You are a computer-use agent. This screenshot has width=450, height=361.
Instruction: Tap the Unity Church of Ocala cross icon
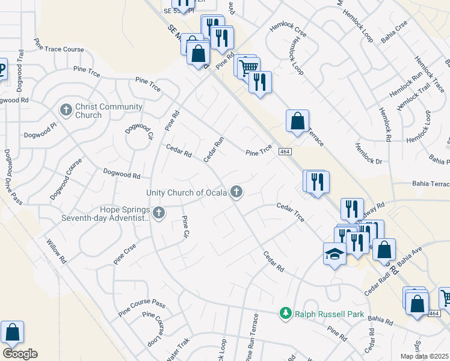click(236, 193)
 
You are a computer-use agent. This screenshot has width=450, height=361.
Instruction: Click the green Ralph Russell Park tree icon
click(286, 313)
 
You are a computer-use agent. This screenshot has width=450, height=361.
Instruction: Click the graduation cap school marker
click(334, 254)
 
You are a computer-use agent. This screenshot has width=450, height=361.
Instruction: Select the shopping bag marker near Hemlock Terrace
click(297, 121)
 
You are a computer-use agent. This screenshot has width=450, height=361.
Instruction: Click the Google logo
click(19, 354)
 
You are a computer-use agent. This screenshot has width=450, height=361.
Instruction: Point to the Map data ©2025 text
click(424, 356)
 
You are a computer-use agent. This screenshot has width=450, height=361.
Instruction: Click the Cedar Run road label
click(214, 149)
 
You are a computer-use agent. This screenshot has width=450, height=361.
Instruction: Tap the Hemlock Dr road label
click(368, 153)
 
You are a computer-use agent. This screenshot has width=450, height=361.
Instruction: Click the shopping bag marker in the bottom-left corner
click(12, 332)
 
